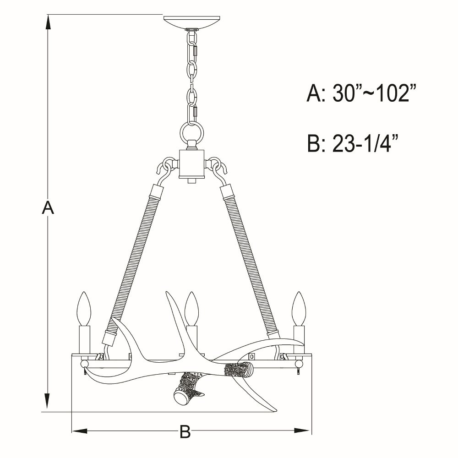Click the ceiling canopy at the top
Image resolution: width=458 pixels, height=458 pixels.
(191, 22)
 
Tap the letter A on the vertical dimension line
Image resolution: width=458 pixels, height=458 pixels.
(48, 207)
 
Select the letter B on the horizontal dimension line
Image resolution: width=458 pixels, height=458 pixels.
(185, 431)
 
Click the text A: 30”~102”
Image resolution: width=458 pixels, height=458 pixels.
(361, 93)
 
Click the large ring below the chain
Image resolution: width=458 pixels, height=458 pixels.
(192, 131)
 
